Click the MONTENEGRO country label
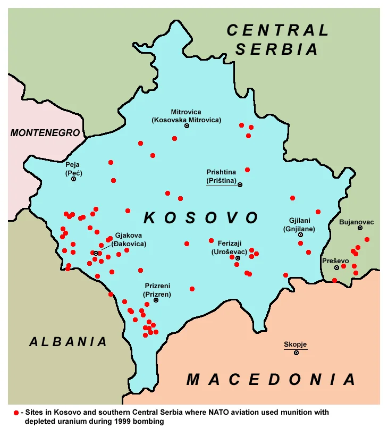tap(45, 133)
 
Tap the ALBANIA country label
tap(68, 342)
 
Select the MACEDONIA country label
tap(271, 380)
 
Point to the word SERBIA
tap(277, 49)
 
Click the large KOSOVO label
tap(201, 217)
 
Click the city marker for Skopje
tap(296, 353)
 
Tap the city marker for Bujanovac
tap(360, 228)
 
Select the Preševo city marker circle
tap(336, 267)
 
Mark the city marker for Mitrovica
tap(187, 126)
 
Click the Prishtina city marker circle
tap(240, 184)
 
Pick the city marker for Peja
tap(73, 179)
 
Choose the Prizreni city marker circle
tap(156, 300)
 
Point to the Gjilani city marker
tap(300, 234)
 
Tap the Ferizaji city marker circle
tap(238, 258)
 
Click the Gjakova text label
tap(130, 236)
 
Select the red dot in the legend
tap(16, 413)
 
